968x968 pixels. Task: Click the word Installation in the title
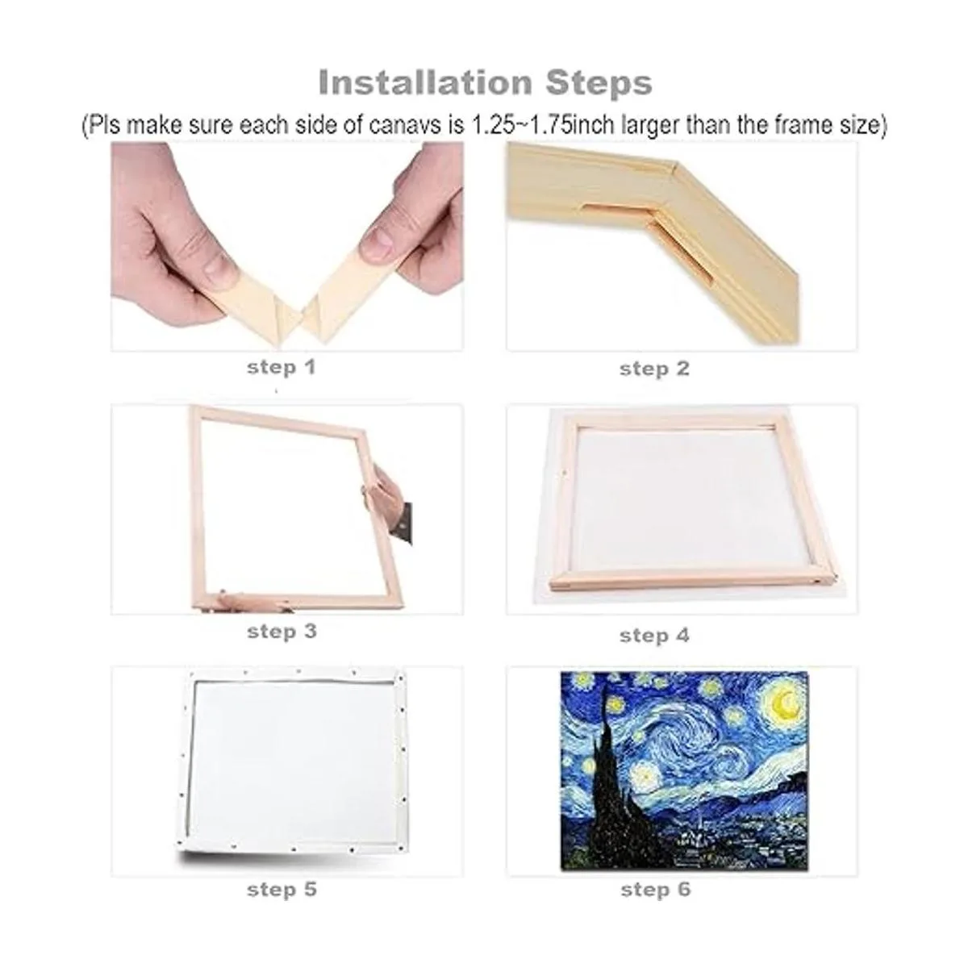click(x=425, y=82)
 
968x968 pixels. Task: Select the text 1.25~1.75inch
click(x=543, y=125)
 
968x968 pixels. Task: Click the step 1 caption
click(x=282, y=367)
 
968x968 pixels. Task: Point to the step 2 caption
click(x=654, y=369)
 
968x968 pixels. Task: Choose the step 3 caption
click(x=282, y=632)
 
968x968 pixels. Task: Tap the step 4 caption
click(x=654, y=636)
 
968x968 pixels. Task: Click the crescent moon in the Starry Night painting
click(x=786, y=702)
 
